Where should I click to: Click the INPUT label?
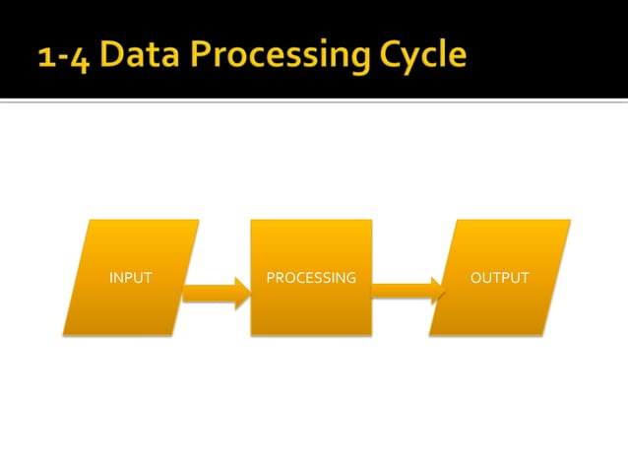point(130,278)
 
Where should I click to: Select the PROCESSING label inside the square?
point(311,278)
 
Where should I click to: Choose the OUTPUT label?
point(499,278)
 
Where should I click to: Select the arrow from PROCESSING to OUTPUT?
point(407,293)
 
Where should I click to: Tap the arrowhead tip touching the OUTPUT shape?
point(443,293)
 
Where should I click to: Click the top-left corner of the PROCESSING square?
point(251,220)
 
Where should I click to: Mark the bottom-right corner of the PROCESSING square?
point(372,336)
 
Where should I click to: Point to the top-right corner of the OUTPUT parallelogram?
point(570,220)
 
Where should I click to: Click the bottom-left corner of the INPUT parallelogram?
point(63,336)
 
